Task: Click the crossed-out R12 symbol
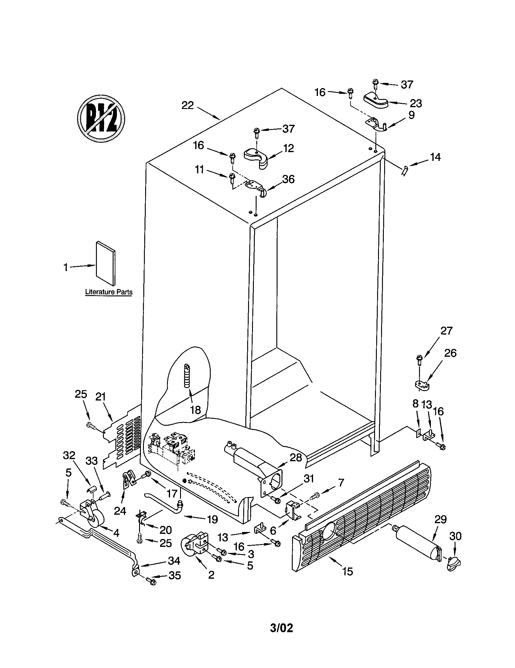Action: (101, 118)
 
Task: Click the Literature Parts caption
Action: (109, 292)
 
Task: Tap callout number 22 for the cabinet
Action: (187, 105)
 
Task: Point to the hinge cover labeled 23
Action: (376, 101)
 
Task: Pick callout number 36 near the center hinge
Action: (288, 179)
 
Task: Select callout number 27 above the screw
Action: (446, 331)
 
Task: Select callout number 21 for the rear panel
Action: (100, 397)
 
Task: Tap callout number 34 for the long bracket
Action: (174, 561)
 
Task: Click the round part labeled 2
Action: (195, 545)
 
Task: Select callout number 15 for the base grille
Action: (348, 571)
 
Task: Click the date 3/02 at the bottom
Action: (281, 635)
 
